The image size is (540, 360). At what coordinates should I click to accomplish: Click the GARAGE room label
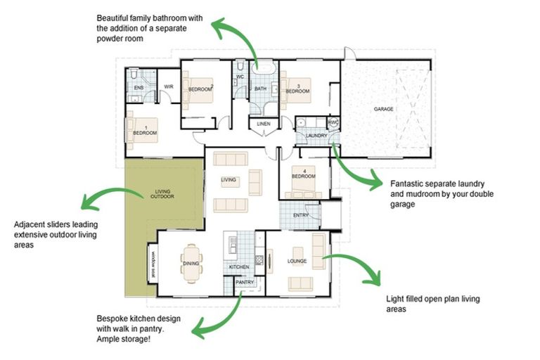point(383,110)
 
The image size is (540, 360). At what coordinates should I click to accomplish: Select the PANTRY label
point(245,282)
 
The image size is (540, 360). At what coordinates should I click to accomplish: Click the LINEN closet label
point(264,124)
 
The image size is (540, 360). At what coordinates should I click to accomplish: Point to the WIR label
point(169,87)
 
